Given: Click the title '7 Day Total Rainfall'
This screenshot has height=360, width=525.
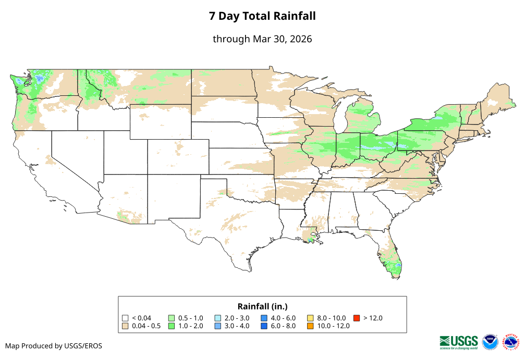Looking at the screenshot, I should point(262,16).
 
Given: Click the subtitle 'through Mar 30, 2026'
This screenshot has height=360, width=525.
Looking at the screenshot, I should point(262,39).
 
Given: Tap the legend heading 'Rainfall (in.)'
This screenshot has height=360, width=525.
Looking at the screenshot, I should point(262,306).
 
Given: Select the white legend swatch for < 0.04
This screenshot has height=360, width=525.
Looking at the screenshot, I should point(125,318).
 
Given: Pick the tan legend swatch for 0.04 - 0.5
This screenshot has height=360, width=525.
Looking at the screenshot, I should point(125,326).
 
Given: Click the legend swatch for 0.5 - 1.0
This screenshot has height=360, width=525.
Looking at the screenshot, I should point(172,318).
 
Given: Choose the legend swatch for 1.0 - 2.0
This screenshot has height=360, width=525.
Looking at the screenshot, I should point(172,326).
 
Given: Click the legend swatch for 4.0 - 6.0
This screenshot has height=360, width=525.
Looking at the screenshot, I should point(264,318).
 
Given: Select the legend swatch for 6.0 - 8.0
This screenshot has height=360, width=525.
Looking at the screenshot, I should point(264,326).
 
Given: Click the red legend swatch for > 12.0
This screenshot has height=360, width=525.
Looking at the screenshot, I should point(357,318).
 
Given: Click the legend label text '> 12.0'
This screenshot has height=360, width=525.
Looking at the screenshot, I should point(373,318).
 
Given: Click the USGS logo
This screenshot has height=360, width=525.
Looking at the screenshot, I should point(459,342).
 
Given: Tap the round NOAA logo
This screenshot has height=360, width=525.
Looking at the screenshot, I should point(490,342).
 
